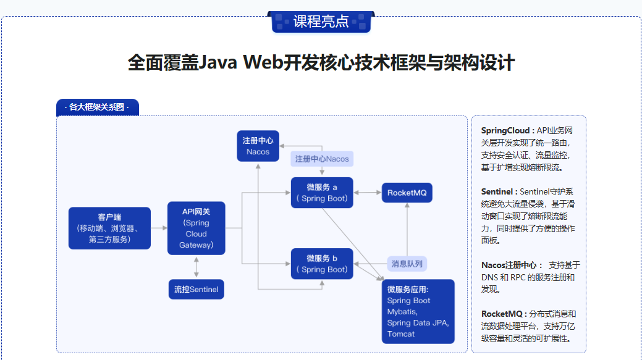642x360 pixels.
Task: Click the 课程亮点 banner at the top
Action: (321, 22)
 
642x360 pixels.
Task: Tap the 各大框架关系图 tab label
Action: (98, 107)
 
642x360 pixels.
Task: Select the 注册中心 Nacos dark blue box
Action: (258, 146)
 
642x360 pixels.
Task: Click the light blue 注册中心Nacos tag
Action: (322, 159)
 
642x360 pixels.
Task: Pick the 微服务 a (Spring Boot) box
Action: (321, 193)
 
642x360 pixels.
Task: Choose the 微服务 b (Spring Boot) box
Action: (321, 264)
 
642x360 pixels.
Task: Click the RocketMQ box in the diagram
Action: (407, 193)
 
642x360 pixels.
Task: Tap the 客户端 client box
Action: (109, 228)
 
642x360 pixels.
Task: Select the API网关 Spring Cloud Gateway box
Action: (196, 228)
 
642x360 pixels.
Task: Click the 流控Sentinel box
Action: (196, 289)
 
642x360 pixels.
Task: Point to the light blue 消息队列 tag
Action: (407, 264)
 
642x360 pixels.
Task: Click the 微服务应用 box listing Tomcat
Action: (418, 311)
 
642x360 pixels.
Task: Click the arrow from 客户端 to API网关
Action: (159, 228)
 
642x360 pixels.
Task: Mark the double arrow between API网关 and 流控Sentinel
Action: (196, 267)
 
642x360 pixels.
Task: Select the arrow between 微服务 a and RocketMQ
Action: (367, 193)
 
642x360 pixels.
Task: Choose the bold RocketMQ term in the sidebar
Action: (502, 314)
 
